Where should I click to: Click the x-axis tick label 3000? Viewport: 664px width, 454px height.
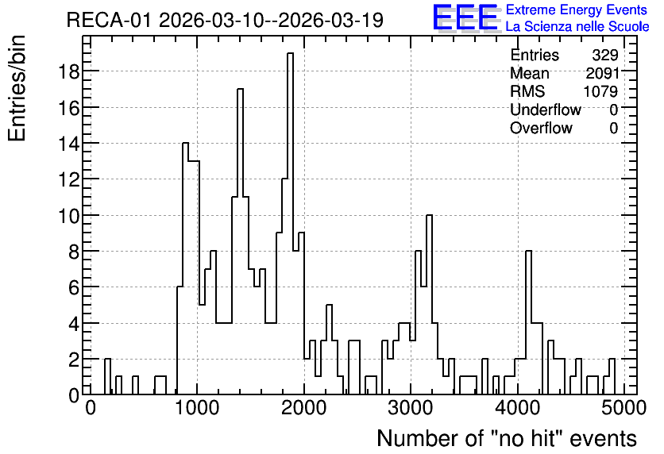click(x=411, y=408)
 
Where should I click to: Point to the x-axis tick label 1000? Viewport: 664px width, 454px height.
click(x=197, y=408)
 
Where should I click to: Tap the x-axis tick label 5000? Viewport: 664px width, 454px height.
click(x=623, y=408)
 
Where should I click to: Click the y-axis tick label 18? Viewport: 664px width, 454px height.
click(x=68, y=71)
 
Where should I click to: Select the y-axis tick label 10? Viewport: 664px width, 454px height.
click(x=68, y=216)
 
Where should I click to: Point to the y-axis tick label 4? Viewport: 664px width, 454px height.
click(x=74, y=324)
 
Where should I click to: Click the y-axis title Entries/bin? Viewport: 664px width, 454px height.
click(x=17, y=89)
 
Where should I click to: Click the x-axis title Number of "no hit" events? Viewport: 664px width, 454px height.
click(x=507, y=438)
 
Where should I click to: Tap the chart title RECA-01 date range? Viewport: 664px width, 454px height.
click(x=225, y=20)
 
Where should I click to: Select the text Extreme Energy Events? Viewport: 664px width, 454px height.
click(x=577, y=10)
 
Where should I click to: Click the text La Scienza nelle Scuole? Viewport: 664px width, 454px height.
click(x=577, y=26)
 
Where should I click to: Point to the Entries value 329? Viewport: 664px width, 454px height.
click(x=605, y=55)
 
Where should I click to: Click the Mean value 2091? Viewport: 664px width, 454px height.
click(x=602, y=73)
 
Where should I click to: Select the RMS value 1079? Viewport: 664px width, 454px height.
click(x=600, y=91)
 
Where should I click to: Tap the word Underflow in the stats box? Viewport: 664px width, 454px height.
click(x=546, y=110)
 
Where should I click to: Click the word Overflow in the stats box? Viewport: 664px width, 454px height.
click(x=541, y=128)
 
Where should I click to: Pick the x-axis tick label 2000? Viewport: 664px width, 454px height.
click(x=304, y=408)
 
